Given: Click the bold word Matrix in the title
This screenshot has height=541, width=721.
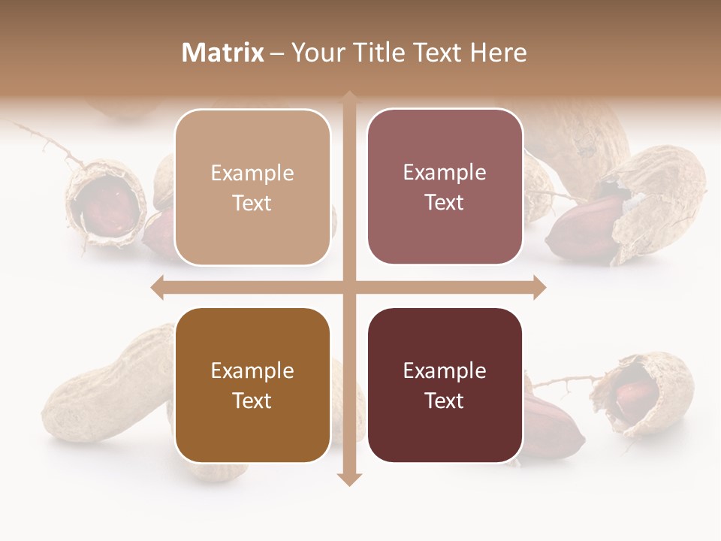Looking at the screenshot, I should [x=223, y=53].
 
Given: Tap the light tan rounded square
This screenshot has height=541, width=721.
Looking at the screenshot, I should [x=252, y=187].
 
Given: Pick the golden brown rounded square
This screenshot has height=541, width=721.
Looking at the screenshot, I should [x=252, y=385].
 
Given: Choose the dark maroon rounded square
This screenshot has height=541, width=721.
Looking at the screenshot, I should [x=445, y=385].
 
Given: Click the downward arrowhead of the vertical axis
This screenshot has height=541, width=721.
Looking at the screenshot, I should [x=349, y=479].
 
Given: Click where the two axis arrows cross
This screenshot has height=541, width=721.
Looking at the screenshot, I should [x=349, y=287].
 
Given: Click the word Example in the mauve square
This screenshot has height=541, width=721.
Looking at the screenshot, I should [x=445, y=172].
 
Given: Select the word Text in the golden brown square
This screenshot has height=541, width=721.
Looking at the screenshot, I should [x=252, y=400].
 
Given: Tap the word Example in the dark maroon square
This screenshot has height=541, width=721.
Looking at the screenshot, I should [x=445, y=370].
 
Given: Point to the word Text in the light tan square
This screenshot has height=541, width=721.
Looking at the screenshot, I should [x=252, y=203].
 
